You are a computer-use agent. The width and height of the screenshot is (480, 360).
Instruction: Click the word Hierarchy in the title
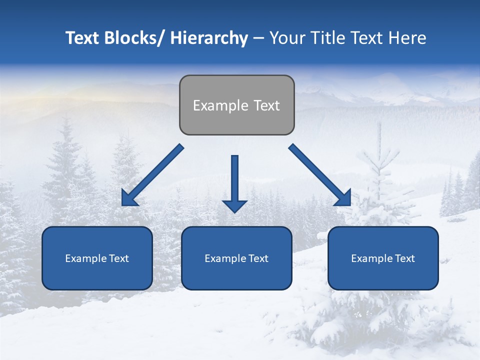208,38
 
